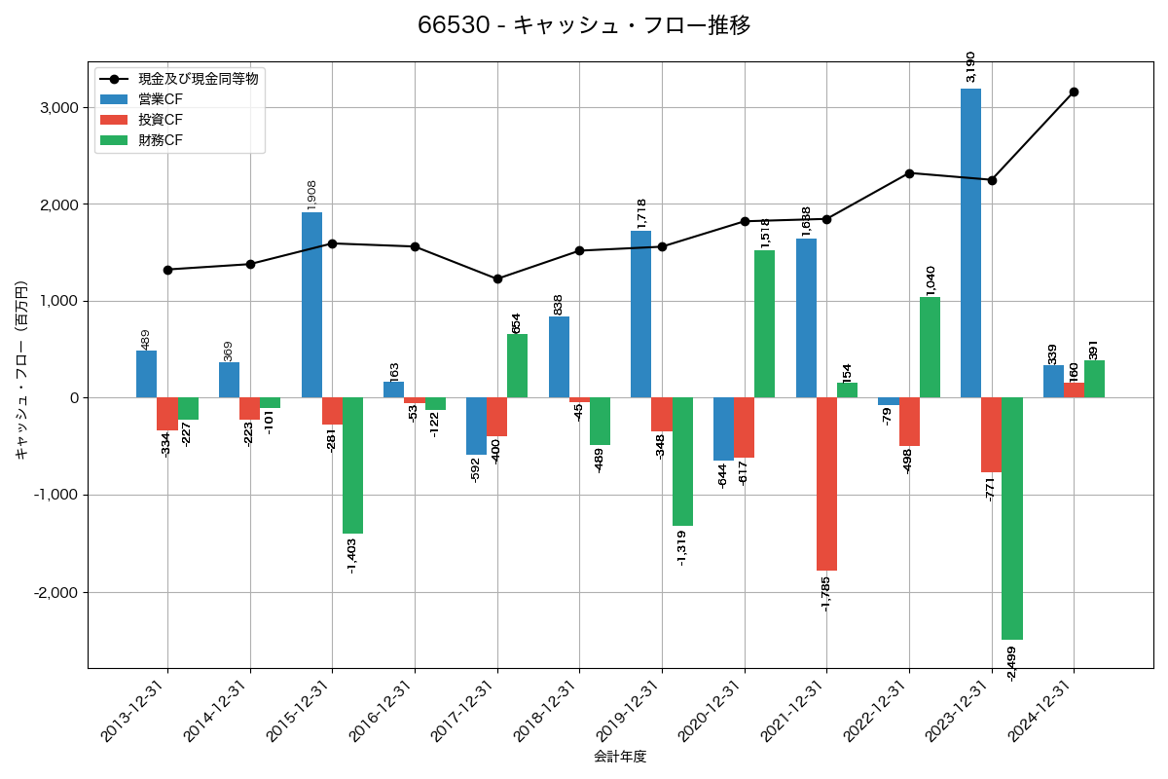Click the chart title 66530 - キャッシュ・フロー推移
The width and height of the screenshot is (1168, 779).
pos(584,25)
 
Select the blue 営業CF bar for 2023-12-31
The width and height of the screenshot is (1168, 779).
pos(970,243)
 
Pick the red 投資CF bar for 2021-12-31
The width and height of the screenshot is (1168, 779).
pos(826,484)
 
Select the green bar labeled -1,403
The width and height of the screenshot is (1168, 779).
pos(352,465)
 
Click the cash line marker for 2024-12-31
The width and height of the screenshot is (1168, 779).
pos(1074,92)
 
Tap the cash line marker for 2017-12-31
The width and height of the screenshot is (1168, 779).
pos(497,278)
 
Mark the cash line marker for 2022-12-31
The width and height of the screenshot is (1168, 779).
pos(909,173)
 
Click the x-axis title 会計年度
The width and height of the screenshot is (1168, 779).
pos(620,757)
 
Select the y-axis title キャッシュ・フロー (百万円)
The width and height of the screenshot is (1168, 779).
pos(21,370)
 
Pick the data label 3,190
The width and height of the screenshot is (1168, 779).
pos(970,66)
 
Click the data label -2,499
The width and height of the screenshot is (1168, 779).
pos(1012,663)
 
